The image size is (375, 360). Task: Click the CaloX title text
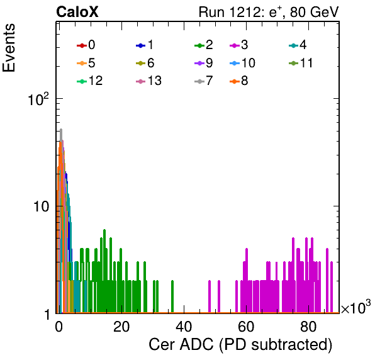[77, 12]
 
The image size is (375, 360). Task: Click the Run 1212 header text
[269, 12]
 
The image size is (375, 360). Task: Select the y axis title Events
[9, 48]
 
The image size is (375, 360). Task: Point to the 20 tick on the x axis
[121, 327]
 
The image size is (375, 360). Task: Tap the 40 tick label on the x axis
[184, 327]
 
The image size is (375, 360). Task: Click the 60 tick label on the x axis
[246, 327]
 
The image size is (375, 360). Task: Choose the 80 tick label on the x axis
[308, 327]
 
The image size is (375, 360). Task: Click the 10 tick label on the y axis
[42, 206]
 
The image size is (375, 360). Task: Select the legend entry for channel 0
[86, 45]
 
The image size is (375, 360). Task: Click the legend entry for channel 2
[204, 45]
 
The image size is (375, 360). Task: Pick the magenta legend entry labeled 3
[239, 45]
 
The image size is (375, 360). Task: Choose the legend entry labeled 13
[148, 81]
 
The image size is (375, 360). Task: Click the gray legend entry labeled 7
[204, 81]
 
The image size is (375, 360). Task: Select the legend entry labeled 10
[242, 63]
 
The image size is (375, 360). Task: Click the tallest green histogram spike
[104, 230]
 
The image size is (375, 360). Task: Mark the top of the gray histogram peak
[61, 130]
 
